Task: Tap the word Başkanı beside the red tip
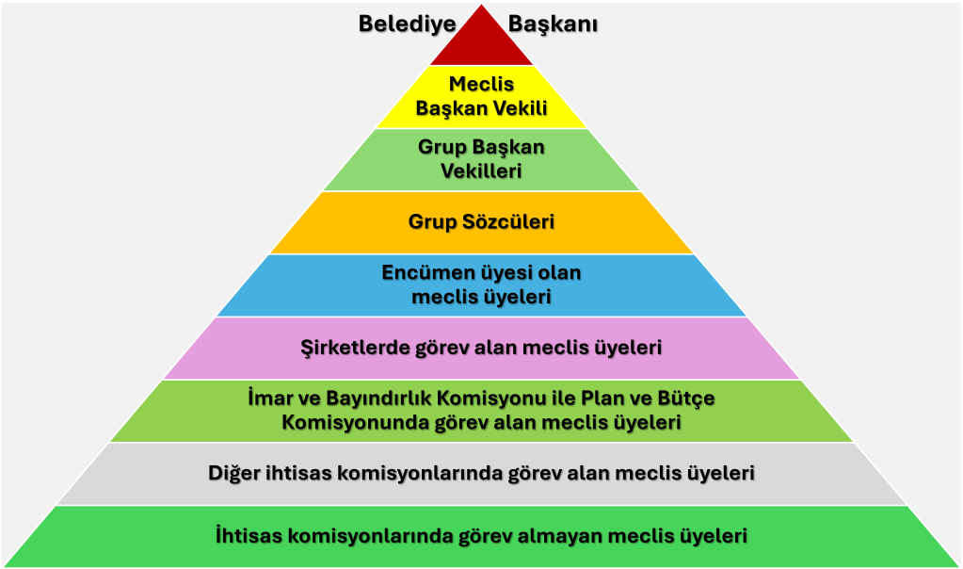(x=554, y=24)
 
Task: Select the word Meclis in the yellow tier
(x=481, y=85)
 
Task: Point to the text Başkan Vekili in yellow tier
(x=481, y=108)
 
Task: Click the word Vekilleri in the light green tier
(x=481, y=171)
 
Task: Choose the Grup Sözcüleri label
(x=481, y=222)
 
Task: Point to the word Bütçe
(x=683, y=398)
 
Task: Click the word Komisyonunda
(x=360, y=423)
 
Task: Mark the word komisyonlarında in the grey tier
(x=413, y=473)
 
